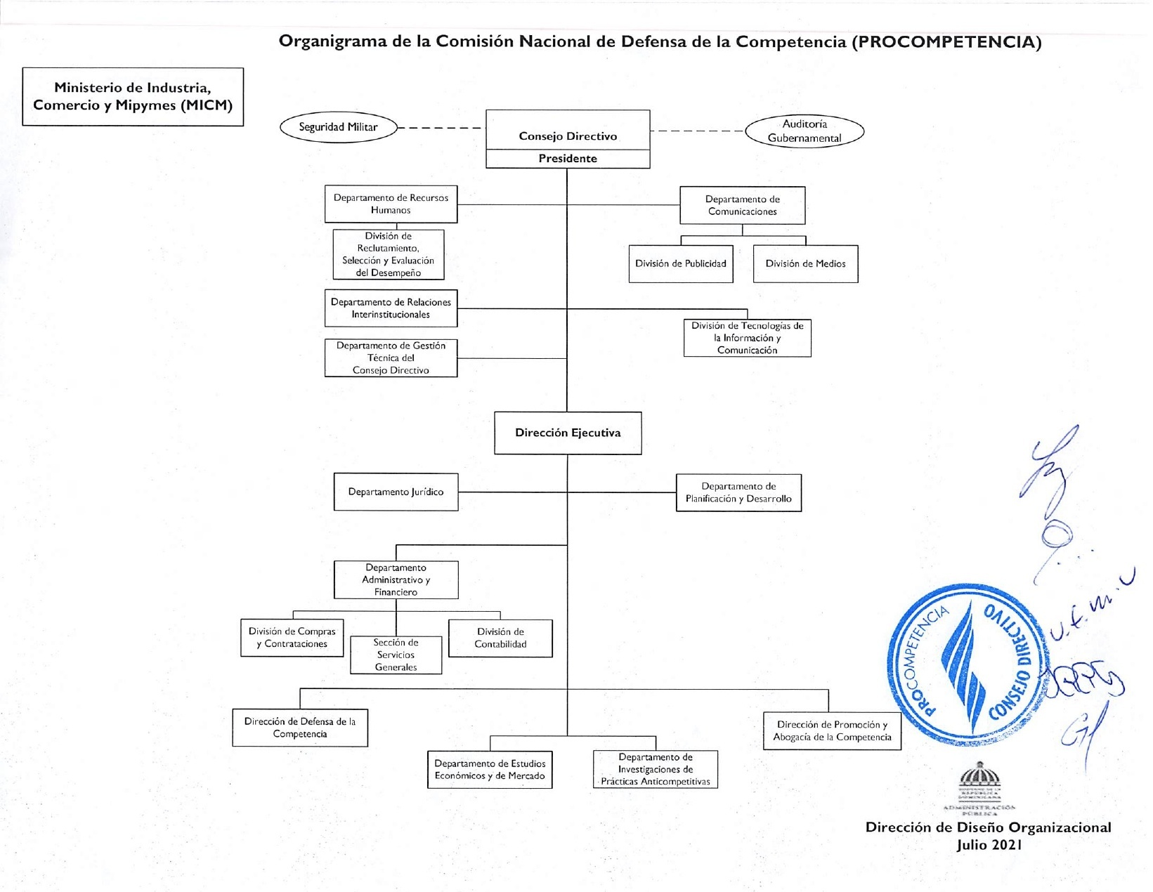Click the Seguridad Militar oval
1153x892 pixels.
pos(338,127)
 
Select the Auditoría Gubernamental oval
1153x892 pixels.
pos(804,131)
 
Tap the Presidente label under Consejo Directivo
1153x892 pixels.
pos(568,159)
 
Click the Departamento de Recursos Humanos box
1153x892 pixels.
pos(391,204)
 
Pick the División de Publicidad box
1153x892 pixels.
pos(680,264)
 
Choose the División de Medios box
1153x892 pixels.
pos(805,264)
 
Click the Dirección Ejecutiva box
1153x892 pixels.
pos(568,433)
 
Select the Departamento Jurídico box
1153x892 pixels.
pos(396,492)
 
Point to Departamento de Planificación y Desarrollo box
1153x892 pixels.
pos(738,492)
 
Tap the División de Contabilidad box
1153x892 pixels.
pos(500,638)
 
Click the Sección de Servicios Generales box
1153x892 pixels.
pos(396,655)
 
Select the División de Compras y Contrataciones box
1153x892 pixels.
pos(292,638)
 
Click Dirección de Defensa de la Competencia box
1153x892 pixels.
pos(300,728)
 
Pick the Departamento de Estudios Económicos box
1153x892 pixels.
pos(490,770)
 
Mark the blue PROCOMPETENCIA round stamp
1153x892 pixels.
pos(968,664)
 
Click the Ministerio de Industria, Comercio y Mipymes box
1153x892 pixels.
pos(133,97)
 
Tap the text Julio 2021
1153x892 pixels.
pos(989,845)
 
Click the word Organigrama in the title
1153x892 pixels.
pos(332,41)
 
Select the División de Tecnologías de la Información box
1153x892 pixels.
pos(747,338)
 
